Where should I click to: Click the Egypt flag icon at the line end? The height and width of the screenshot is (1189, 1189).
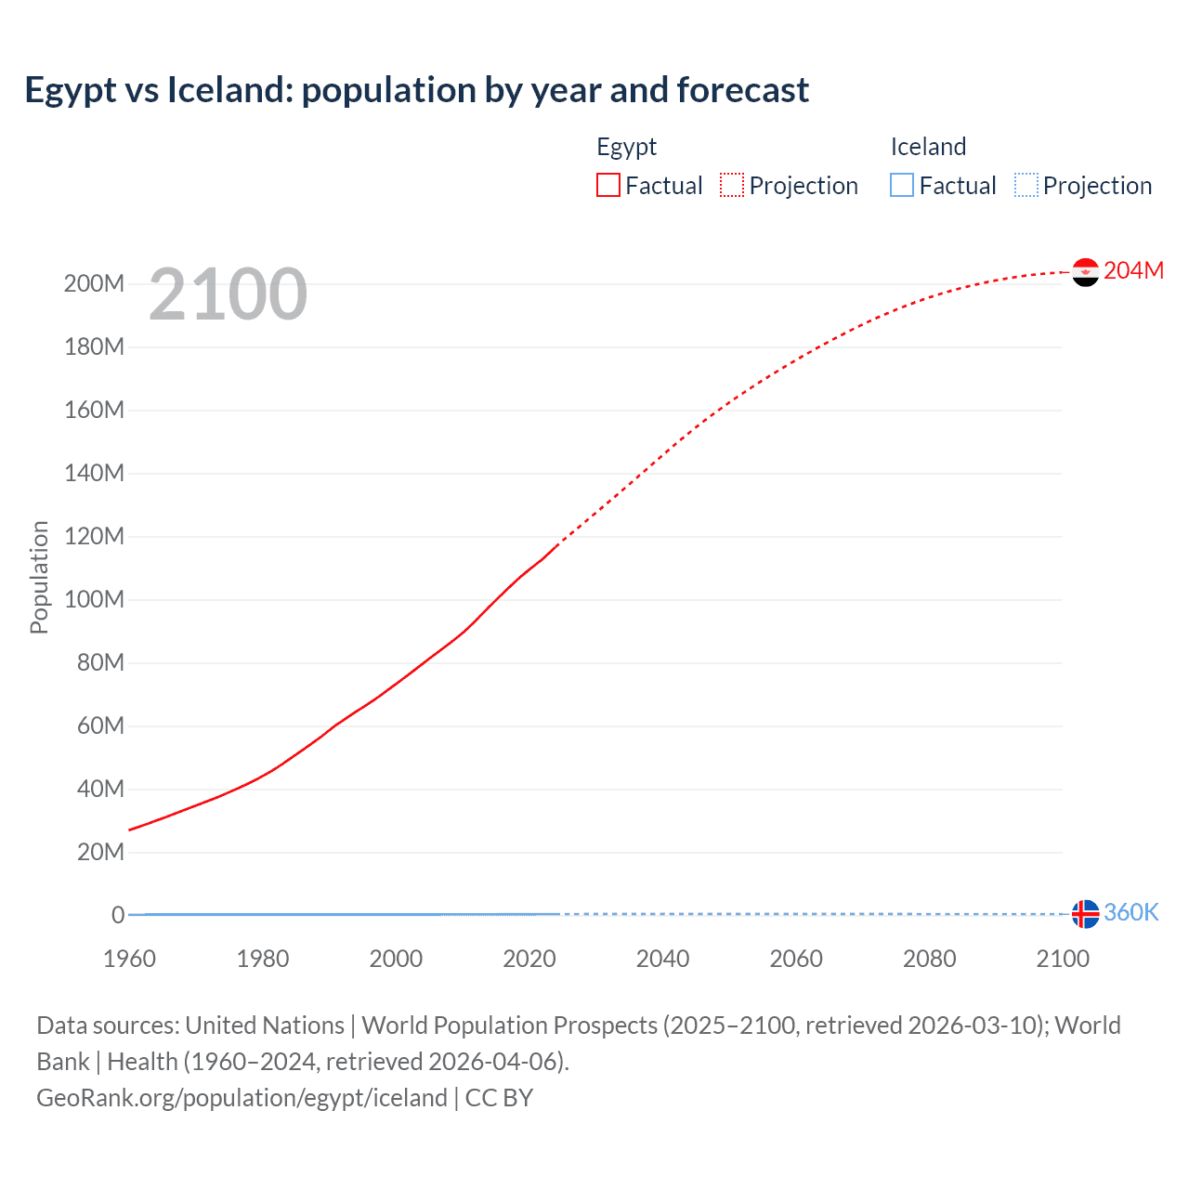[x=1085, y=272]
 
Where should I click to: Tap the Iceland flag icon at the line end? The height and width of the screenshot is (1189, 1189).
[x=1085, y=914]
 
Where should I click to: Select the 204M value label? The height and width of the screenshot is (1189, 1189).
[x=1133, y=270]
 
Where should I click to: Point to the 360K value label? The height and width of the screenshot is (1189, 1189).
[x=1130, y=912]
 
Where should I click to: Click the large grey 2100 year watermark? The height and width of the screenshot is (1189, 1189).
[x=228, y=294]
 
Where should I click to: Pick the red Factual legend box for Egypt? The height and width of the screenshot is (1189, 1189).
[x=608, y=186]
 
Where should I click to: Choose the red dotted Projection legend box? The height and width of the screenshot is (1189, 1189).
[x=732, y=186]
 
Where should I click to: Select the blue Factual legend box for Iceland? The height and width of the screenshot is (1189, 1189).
[x=902, y=186]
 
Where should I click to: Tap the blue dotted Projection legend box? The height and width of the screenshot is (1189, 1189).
[x=1026, y=186]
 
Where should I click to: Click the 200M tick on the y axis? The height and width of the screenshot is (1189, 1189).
[x=94, y=284]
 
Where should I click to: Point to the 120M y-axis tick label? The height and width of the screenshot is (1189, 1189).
[x=94, y=537]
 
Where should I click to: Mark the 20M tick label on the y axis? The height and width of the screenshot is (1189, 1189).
[x=99, y=853]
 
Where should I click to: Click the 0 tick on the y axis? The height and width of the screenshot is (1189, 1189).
[x=118, y=916]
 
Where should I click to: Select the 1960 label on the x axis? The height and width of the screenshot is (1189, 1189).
[x=129, y=960]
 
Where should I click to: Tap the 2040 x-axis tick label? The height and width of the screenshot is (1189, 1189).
[x=662, y=960]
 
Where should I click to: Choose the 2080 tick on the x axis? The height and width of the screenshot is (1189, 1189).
[x=929, y=960]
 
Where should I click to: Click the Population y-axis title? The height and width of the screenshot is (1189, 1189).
[x=39, y=577]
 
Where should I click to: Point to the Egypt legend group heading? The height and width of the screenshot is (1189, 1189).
[x=626, y=147]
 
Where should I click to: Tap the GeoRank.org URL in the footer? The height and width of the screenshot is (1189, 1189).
[x=242, y=1098]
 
